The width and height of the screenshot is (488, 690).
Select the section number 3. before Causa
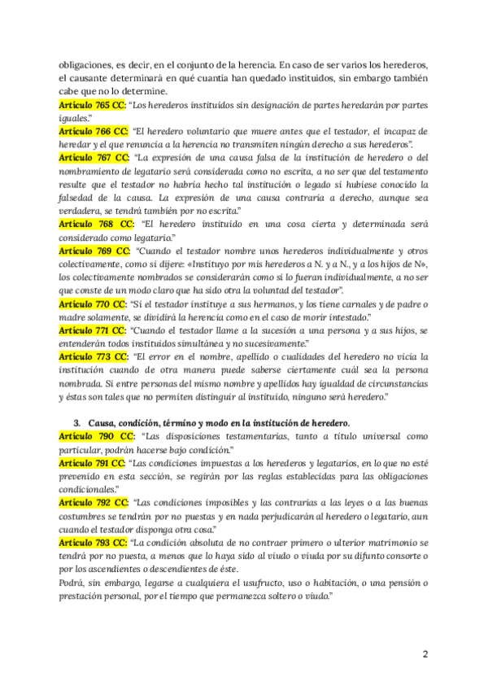click(x=77, y=423)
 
